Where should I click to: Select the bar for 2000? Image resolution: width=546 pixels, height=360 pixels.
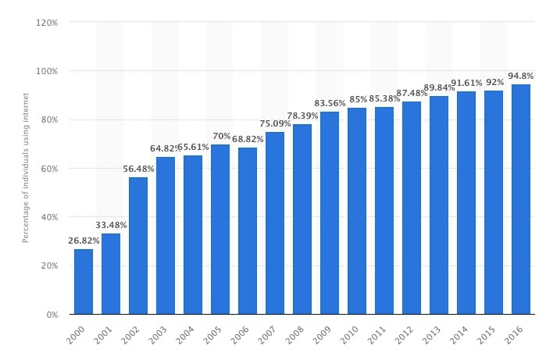84,281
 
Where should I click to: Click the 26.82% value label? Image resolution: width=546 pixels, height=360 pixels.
84,241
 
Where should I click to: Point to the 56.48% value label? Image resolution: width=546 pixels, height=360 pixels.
138,169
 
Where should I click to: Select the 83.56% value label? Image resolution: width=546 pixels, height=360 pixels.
330,104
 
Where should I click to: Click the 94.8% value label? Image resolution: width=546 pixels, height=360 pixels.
521,77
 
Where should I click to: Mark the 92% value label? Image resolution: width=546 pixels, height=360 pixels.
494,83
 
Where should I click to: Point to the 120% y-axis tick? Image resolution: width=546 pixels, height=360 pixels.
48,23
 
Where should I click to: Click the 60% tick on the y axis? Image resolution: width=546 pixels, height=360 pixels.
49,169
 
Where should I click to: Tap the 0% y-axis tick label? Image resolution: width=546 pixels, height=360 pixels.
52,315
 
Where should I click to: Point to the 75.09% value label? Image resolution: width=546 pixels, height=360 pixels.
275,124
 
